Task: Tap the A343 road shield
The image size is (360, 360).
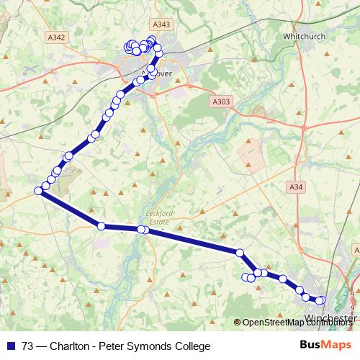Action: (x=163, y=24)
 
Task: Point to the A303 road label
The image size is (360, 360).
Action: (x=222, y=102)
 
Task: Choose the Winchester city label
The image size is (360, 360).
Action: (x=331, y=317)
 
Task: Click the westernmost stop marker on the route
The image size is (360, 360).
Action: (x=38, y=191)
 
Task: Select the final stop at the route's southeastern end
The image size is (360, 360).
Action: (x=321, y=300)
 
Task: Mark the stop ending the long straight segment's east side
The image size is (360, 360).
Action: (x=240, y=253)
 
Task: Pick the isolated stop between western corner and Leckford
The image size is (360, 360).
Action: (x=101, y=226)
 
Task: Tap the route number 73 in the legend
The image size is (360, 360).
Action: (x=28, y=346)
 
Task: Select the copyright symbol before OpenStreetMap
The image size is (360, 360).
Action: (x=238, y=323)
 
